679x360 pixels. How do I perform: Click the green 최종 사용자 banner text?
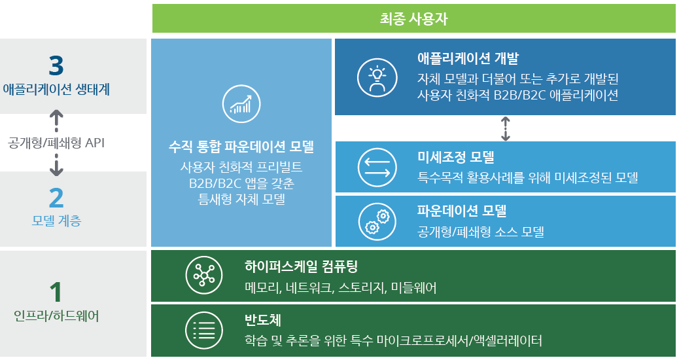[x=413, y=18]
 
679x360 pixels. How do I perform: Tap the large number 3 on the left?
[x=56, y=65]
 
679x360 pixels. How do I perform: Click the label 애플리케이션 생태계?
[x=56, y=89]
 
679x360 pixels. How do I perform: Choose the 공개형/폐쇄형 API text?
[x=56, y=142]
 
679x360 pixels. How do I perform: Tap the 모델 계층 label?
[x=56, y=221]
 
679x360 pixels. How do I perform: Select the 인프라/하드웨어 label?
[x=56, y=316]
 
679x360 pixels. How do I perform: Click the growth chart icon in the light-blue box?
[x=241, y=104]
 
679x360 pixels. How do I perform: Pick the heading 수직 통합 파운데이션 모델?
[x=241, y=147]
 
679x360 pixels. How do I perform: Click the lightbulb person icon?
[x=377, y=77]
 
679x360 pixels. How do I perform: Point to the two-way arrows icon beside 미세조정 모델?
[x=377, y=167]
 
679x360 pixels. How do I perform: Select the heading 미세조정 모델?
[x=455, y=158]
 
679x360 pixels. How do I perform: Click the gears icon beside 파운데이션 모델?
[x=377, y=221]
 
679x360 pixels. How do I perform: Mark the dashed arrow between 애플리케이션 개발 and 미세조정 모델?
[x=505, y=128]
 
